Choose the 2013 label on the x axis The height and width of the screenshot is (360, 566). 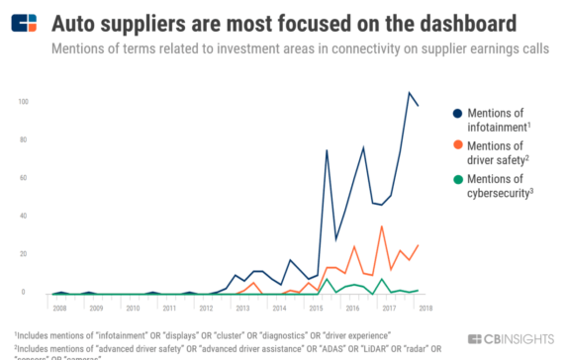tap(241, 308)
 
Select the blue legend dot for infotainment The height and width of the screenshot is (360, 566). tap(456, 113)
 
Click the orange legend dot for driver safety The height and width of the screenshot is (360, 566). tap(456, 146)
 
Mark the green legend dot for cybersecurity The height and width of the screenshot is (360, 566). tap(456, 179)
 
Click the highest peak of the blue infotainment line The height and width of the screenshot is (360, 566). tap(409, 93)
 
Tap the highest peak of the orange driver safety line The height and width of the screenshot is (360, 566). tap(382, 226)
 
